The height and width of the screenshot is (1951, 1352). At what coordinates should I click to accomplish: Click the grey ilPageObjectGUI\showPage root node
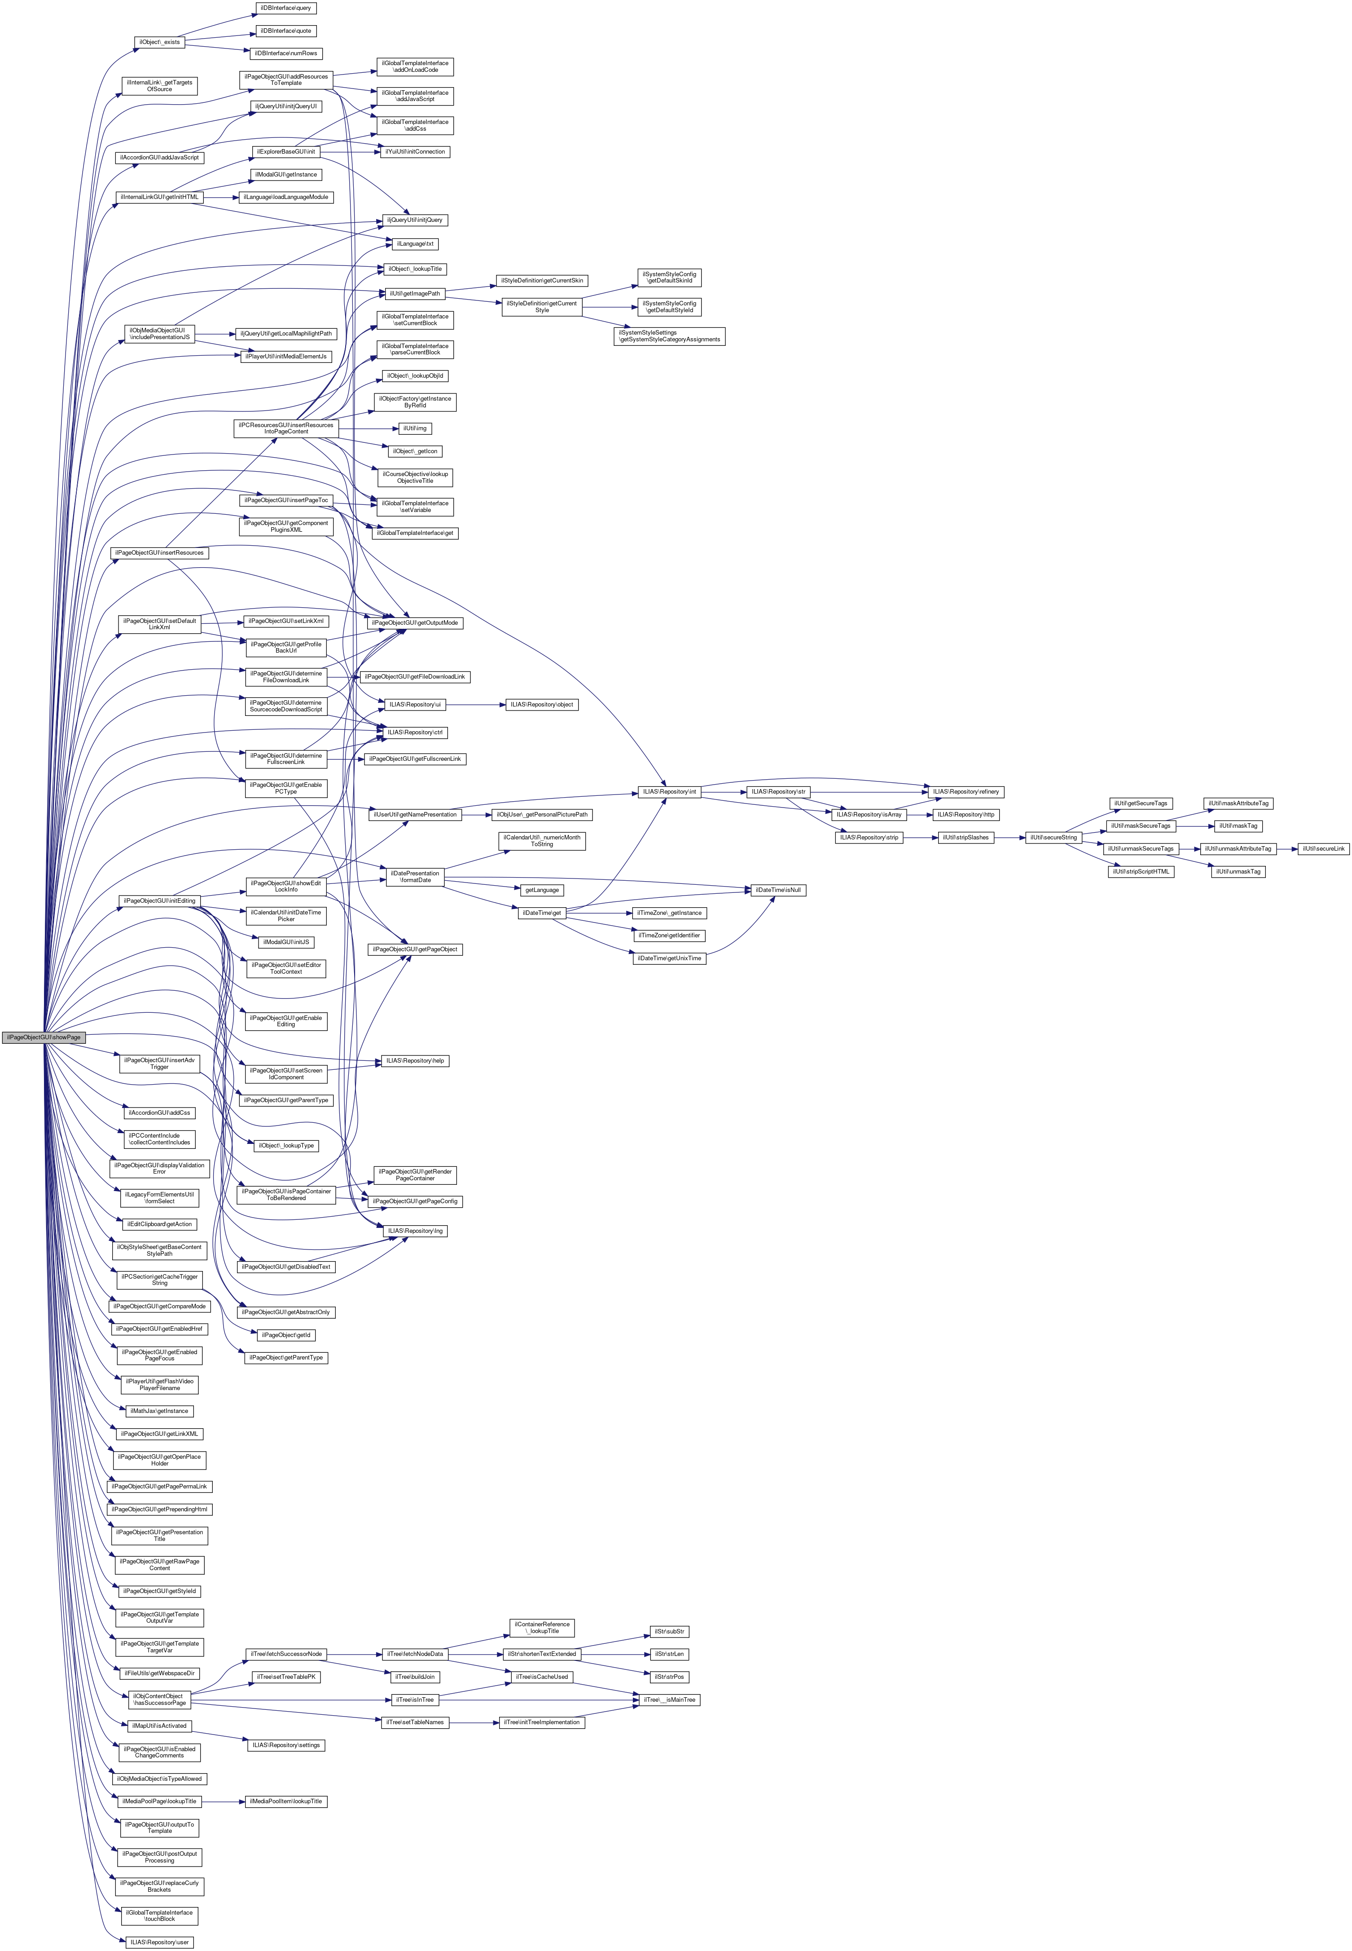(x=42, y=1037)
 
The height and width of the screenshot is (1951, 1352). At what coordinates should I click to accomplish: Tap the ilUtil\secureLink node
(x=1323, y=848)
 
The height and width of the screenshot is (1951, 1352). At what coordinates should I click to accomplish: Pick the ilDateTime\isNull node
(x=777, y=890)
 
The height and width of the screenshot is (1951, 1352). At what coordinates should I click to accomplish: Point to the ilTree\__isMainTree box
(x=669, y=1699)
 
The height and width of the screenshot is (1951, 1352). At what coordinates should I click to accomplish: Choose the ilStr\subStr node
(x=669, y=1632)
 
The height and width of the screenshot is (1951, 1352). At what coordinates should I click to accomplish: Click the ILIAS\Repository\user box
(x=159, y=1942)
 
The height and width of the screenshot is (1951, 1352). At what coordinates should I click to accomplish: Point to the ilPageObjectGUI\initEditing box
(x=159, y=900)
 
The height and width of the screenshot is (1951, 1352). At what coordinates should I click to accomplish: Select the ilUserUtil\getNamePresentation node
(x=415, y=814)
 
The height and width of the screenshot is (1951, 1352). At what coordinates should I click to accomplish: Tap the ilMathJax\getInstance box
(x=159, y=1411)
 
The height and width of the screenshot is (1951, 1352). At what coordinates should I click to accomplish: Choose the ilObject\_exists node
(x=159, y=41)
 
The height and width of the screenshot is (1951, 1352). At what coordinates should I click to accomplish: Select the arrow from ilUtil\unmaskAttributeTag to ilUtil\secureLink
(x=1286, y=848)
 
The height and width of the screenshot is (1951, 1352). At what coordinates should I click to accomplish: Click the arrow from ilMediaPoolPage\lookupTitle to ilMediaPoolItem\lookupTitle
(x=222, y=1801)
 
